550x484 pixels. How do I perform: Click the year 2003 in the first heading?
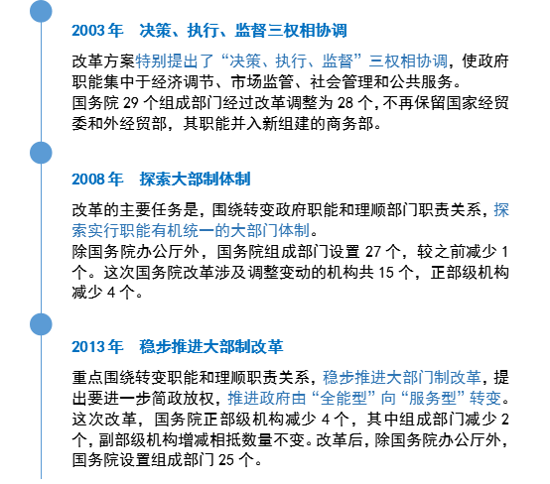pyautogui.click(x=88, y=31)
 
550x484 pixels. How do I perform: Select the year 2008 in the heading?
pyautogui.click(x=88, y=180)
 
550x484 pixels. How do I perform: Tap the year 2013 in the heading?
pyautogui.click(x=88, y=347)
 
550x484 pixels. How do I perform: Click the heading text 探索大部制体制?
pyautogui.click(x=195, y=180)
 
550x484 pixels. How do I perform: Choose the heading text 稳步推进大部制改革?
pyautogui.click(x=211, y=347)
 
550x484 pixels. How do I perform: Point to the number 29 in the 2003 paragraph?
pyautogui.click(x=131, y=103)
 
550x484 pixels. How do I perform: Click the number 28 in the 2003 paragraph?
pyautogui.click(x=345, y=103)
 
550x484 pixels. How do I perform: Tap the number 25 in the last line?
pyautogui.click(x=226, y=460)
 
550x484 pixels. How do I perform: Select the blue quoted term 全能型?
pyautogui.click(x=344, y=398)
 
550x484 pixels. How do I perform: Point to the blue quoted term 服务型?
pyautogui.click(x=433, y=398)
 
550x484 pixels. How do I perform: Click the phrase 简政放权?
pyautogui.click(x=183, y=398)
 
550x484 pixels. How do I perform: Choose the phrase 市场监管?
pyautogui.click(x=262, y=82)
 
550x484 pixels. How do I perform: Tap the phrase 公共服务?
pyautogui.click(x=421, y=82)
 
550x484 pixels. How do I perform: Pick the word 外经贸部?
pyautogui.click(x=135, y=124)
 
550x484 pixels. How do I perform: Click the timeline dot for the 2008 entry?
pyautogui.click(x=41, y=153)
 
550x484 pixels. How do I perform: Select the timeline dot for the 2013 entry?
pyautogui.click(x=41, y=324)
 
